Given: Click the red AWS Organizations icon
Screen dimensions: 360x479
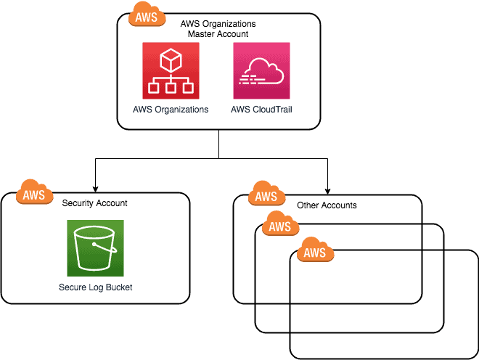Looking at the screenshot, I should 171,70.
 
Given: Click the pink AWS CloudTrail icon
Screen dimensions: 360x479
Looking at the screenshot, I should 261,70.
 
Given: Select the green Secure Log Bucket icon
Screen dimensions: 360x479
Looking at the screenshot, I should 95,247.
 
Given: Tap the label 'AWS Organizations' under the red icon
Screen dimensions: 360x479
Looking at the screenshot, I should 171,110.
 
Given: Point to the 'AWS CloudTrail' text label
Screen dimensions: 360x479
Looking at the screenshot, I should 261,110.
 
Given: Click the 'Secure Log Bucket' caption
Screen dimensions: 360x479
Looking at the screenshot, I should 95,287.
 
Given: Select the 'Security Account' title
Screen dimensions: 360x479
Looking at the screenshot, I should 95,203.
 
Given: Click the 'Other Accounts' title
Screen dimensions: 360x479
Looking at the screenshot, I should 327,205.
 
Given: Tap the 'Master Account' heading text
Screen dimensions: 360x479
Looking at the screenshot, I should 218,33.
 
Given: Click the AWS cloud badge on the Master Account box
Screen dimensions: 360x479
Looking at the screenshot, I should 146,16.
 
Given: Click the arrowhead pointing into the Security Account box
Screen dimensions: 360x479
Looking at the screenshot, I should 95,188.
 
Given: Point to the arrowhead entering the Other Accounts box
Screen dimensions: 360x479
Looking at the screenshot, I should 327,189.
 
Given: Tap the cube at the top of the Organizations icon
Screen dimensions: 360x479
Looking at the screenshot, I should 171,58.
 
